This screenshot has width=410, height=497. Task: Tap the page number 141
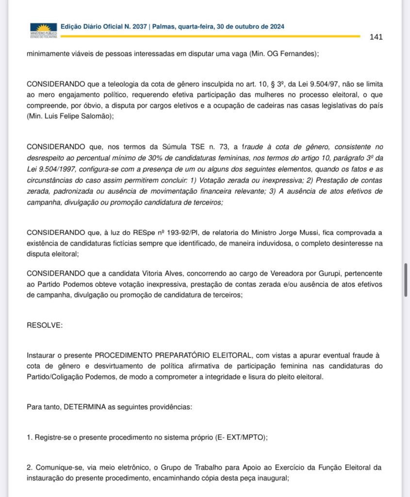tap(376, 37)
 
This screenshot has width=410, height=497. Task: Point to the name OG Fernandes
tap(293, 54)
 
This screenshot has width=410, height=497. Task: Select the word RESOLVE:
tap(45, 325)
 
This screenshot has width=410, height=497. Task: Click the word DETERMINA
tap(86, 406)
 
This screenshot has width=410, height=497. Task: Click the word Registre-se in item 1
tap(52, 437)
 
